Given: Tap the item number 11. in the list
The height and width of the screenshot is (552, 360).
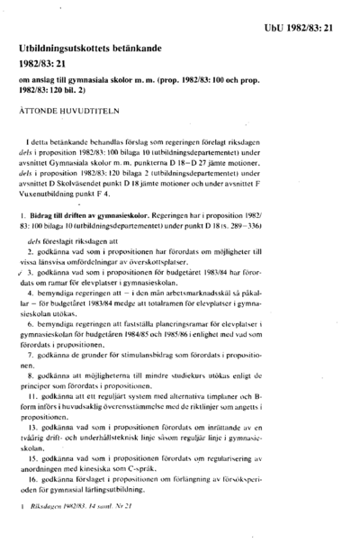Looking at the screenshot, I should (33, 371).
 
